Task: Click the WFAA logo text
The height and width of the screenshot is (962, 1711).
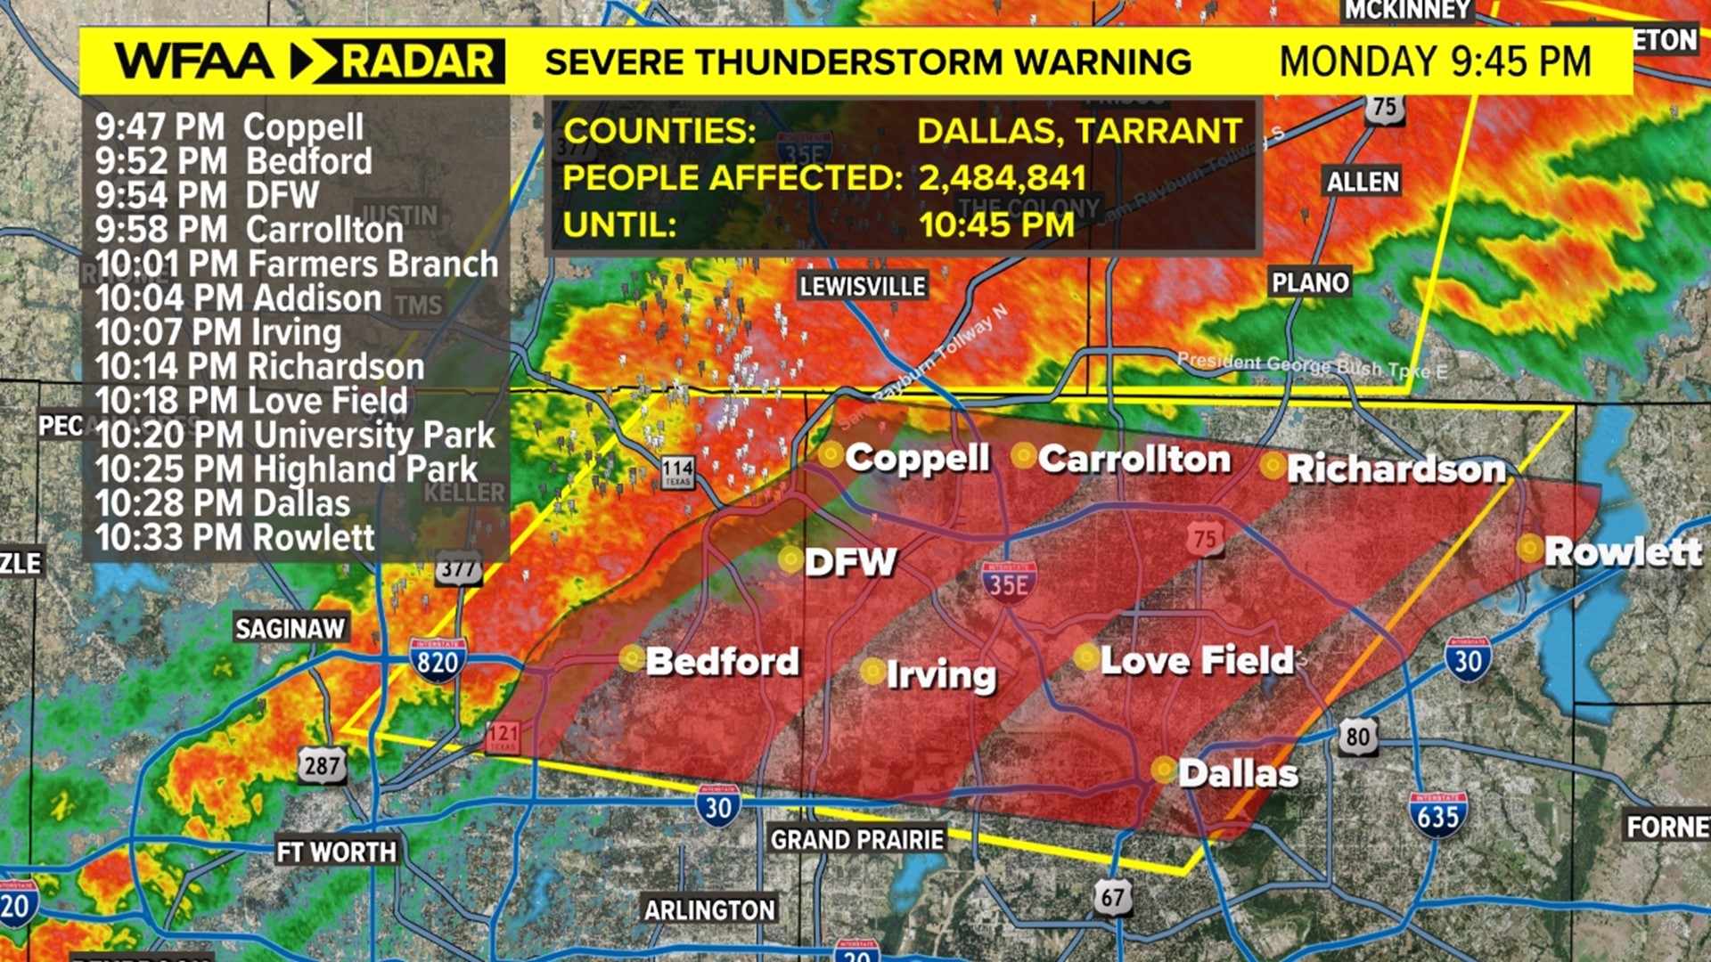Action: point(194,61)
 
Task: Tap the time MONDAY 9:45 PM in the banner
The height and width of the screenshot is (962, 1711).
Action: point(1435,61)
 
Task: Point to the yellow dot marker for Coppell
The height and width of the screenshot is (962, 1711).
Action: point(831,455)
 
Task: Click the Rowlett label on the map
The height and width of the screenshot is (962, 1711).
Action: point(1623,551)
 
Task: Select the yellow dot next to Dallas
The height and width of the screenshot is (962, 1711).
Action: point(1163,769)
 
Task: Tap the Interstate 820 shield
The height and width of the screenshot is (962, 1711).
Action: point(437,660)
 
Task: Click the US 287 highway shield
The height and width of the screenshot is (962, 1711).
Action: point(322,764)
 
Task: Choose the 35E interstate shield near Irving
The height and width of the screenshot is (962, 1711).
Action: point(1009,582)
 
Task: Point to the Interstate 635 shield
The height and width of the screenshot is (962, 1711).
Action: point(1437,814)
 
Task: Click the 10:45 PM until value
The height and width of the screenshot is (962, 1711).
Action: point(996,224)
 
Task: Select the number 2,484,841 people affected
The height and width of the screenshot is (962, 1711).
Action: point(1002,178)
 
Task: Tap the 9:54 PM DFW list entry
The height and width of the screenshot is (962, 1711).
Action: point(207,195)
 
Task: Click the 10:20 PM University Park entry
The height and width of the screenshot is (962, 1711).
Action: point(294,435)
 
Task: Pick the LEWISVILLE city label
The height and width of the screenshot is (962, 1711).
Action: point(862,286)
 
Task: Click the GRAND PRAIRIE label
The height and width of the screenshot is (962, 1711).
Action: point(856,839)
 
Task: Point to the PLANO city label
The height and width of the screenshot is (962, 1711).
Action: point(1309,282)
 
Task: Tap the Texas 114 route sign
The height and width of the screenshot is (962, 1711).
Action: point(677,471)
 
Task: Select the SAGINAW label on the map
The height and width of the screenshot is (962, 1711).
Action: point(290,628)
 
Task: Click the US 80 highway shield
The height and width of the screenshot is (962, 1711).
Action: point(1357,737)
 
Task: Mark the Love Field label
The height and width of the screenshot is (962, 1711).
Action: point(1196,660)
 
